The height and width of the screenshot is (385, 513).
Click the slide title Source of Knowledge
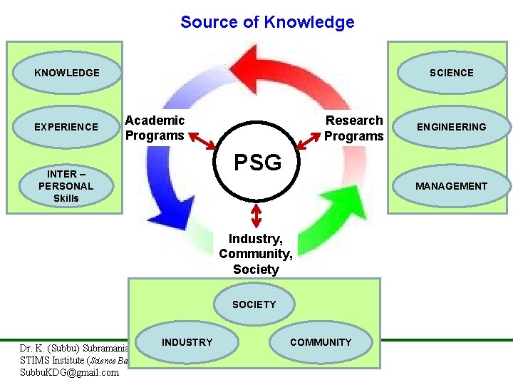pyautogui.click(x=267, y=22)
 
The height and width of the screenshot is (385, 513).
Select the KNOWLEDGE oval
pyautogui.click(x=67, y=73)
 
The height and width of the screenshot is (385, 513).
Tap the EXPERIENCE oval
pyautogui.click(x=67, y=127)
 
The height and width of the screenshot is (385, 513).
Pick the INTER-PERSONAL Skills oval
pyautogui.click(x=66, y=186)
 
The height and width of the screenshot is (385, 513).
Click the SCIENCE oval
pyautogui.click(x=451, y=73)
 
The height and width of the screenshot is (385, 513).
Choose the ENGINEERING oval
pyautogui.click(x=451, y=127)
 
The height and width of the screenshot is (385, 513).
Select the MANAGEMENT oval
pyautogui.click(x=451, y=186)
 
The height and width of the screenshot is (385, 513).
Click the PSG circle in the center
pyautogui.click(x=258, y=163)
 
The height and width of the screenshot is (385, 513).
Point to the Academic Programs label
pyautogui.click(x=155, y=128)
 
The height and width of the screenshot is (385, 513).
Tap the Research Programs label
pyautogui.click(x=354, y=128)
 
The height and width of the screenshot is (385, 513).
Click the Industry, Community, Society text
pyautogui.click(x=256, y=254)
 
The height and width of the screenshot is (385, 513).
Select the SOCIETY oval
pyautogui.click(x=254, y=304)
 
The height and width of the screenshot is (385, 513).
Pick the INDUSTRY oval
pyautogui.click(x=187, y=342)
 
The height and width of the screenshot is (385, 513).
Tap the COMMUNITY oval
pyautogui.click(x=321, y=342)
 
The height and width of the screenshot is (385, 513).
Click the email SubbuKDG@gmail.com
pyautogui.click(x=70, y=372)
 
